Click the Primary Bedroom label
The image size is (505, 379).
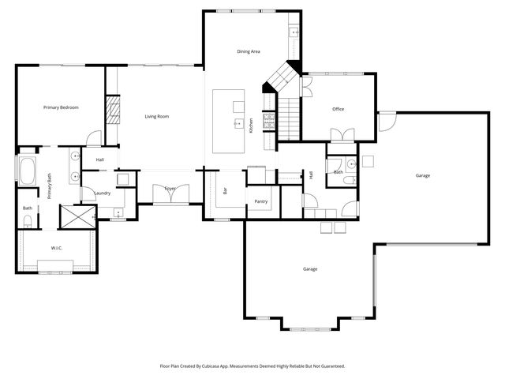click(61, 107)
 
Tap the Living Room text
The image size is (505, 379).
click(157, 117)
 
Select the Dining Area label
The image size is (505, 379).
click(249, 52)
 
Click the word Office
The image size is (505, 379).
click(338, 109)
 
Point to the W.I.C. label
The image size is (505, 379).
click(57, 248)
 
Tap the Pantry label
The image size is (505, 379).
click(261, 201)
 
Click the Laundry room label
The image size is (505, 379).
click(102, 193)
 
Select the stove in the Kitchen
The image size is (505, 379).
click(268, 121)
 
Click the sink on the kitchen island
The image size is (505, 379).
click(236, 123)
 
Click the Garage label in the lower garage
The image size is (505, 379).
click(310, 269)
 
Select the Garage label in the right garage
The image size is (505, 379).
click(423, 175)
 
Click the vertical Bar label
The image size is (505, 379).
click(225, 191)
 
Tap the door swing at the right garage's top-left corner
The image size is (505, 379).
click(387, 121)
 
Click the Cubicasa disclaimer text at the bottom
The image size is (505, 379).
click(252, 366)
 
